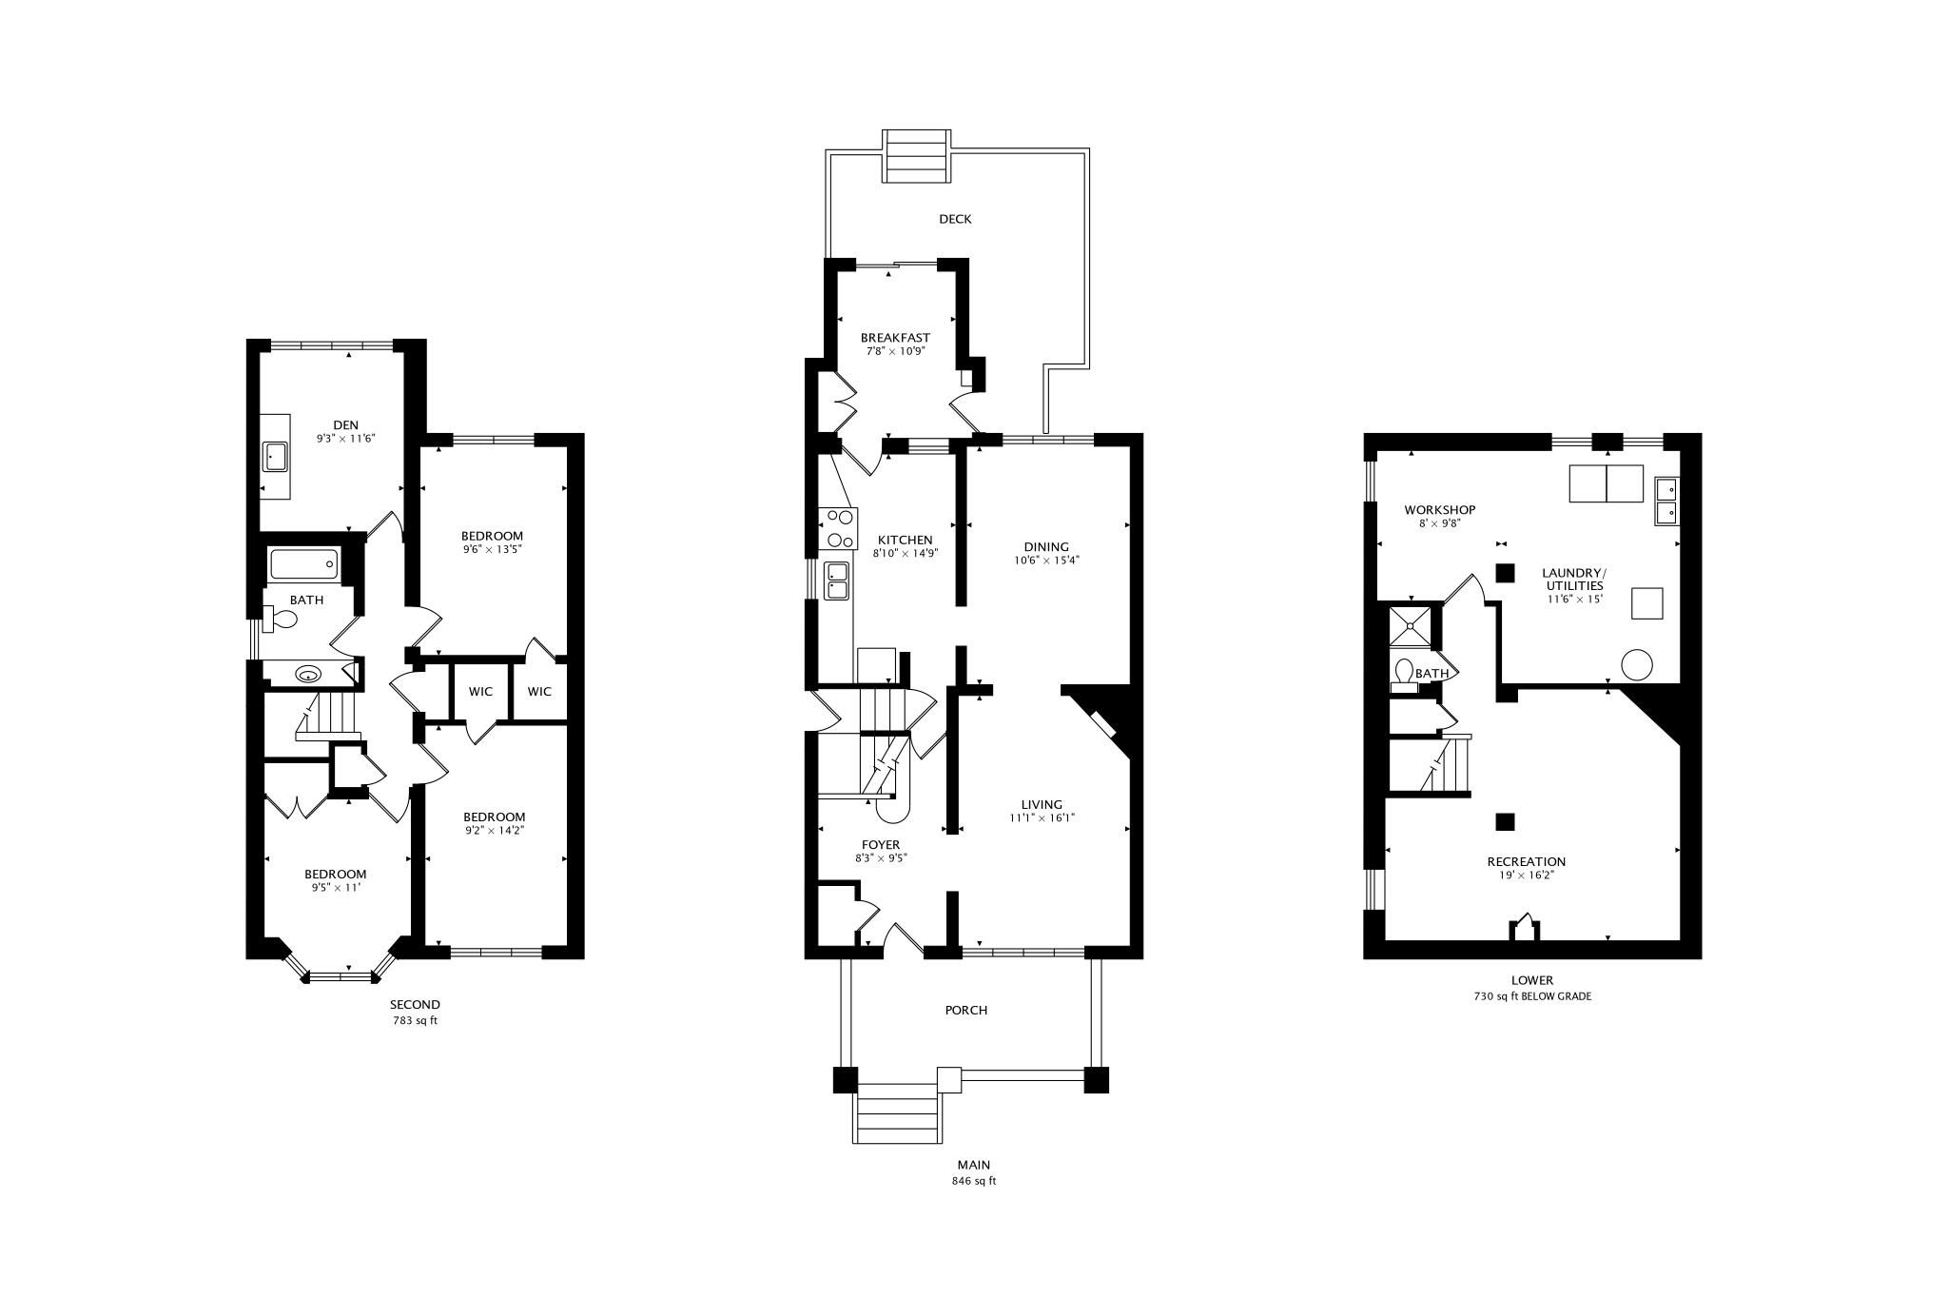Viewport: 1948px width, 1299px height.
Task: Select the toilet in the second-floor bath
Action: click(281, 620)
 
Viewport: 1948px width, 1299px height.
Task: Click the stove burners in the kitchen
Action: click(840, 527)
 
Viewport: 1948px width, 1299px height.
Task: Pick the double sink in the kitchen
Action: click(837, 581)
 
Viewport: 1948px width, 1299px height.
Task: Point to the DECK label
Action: click(955, 219)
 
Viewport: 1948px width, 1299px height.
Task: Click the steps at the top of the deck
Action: click(917, 156)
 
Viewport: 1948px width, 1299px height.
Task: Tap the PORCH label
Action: click(966, 1010)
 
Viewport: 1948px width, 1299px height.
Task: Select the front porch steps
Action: click(899, 1113)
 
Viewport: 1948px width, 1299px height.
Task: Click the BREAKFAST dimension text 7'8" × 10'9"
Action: click(895, 351)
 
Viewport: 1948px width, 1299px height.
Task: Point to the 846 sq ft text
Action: click(974, 1181)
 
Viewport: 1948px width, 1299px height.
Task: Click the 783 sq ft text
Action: click(416, 1021)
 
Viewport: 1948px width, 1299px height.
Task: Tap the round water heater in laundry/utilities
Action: click(1637, 664)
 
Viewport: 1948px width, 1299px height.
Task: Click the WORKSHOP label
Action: click(1439, 510)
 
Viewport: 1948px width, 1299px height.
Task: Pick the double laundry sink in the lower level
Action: click(1666, 501)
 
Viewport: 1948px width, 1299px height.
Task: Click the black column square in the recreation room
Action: click(1505, 821)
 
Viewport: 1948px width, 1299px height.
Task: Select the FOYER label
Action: click(881, 845)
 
